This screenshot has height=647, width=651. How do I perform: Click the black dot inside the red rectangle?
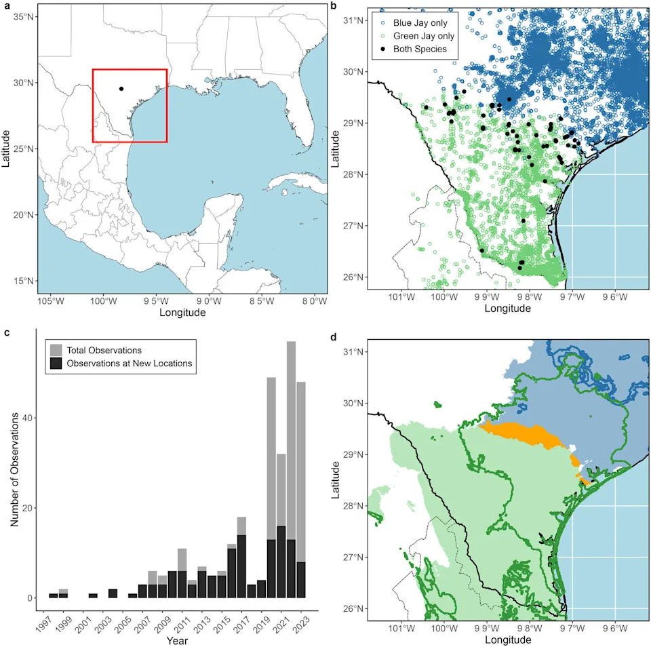click(121, 89)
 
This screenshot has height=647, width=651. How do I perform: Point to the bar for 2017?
click(241, 557)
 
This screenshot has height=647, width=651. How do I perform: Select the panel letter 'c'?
click(6, 333)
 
